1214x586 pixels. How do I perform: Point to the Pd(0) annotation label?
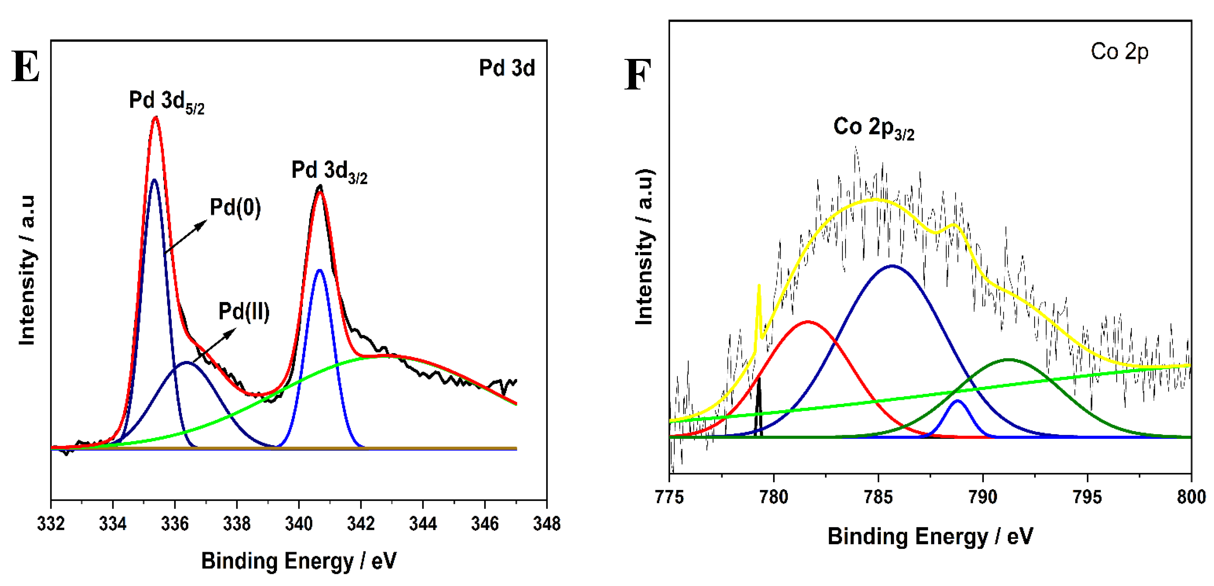[235, 207]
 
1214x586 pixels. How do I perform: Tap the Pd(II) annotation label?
[244, 312]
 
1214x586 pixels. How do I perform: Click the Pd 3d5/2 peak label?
[166, 101]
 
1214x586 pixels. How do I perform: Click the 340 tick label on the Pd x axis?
[298, 524]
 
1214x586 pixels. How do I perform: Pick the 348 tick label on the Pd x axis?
[547, 524]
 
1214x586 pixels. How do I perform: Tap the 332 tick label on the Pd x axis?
[51, 524]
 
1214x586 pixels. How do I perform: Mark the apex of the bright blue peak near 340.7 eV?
[320, 270]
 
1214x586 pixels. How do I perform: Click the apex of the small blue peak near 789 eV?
[957, 401]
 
